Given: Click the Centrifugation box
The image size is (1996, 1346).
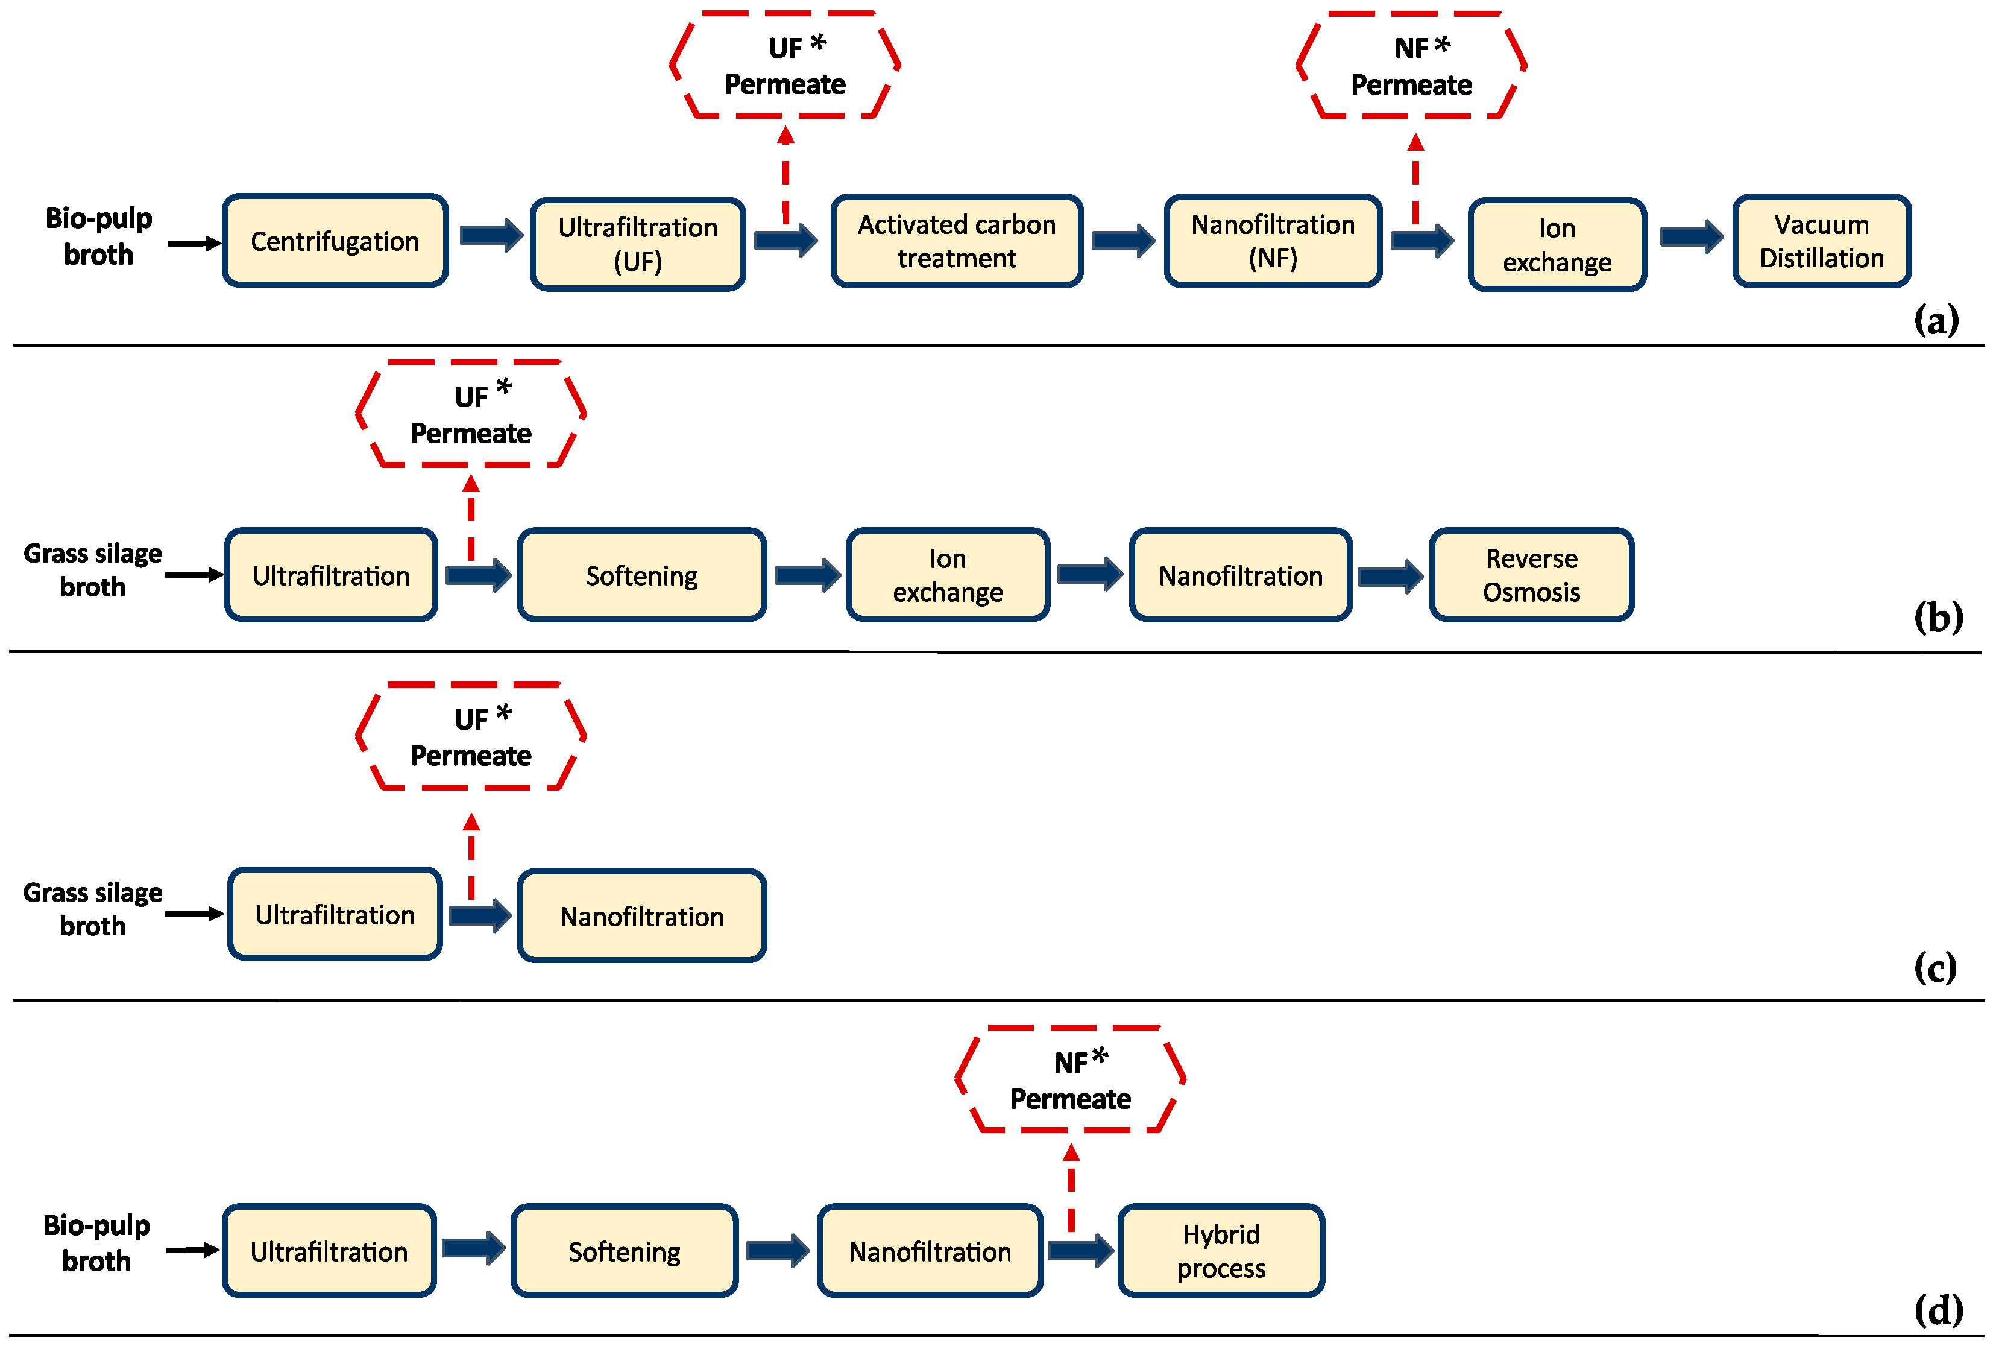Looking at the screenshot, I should click(335, 241).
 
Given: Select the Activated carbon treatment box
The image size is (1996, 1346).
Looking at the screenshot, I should click(956, 241).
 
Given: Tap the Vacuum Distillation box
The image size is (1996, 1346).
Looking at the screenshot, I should click(1821, 241).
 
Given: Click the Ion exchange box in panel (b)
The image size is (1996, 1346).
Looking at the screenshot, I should click(948, 575).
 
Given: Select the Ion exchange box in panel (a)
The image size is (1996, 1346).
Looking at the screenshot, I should click(1557, 245).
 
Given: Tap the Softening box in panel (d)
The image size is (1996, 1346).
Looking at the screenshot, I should click(624, 1251).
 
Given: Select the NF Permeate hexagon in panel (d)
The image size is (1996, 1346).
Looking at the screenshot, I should click(1070, 1080).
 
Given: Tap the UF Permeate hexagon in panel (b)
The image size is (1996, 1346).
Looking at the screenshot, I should click(471, 415).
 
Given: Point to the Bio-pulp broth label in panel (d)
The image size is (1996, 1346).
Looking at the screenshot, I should click(96, 1242).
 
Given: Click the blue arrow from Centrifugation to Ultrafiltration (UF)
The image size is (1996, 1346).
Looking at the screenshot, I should click(491, 235).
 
